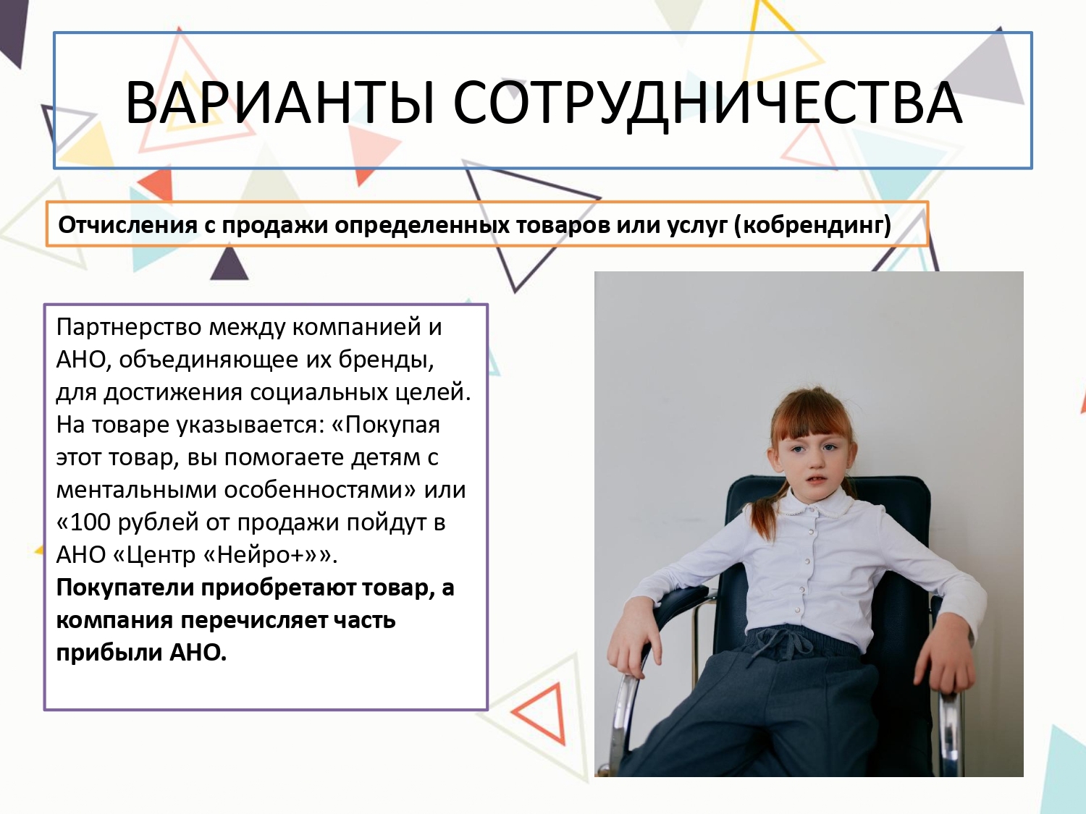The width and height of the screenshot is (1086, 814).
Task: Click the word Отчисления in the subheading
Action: point(128,225)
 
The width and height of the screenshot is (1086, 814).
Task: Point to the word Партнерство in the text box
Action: point(129,328)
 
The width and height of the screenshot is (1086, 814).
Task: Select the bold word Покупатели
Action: point(125,588)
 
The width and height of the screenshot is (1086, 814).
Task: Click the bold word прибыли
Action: point(109,653)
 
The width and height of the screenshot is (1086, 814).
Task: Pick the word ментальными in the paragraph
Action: point(137,491)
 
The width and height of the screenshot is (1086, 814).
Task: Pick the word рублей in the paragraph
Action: point(159,523)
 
